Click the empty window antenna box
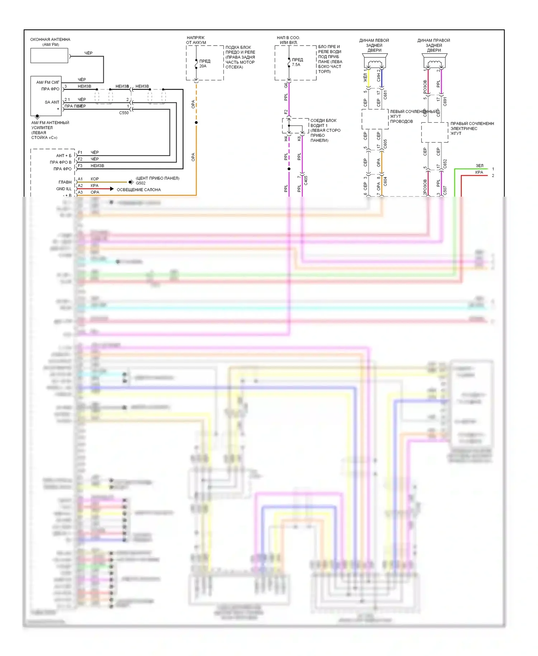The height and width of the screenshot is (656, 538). coord(49,56)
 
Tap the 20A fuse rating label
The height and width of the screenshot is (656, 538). coord(203,66)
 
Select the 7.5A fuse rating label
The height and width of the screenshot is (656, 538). coord(296,65)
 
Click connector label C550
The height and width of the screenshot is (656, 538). coord(124,113)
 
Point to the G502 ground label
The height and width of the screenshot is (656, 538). coord(141,183)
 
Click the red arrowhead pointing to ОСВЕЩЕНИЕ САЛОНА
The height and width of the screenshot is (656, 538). coord(112,189)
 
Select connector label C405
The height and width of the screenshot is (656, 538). coord(306,180)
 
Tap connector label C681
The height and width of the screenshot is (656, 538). coord(385,95)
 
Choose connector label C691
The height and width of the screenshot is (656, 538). coord(445,101)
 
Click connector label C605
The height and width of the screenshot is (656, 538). coord(385,144)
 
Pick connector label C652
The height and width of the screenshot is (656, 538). coord(445,164)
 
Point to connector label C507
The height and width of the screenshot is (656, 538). coord(445,190)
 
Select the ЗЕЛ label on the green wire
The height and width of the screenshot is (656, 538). coord(480,165)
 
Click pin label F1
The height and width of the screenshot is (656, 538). coord(80,153)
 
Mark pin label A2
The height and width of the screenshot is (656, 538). coord(80,186)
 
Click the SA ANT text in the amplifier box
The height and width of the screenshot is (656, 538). coord(52,102)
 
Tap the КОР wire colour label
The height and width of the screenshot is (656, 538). coord(95,179)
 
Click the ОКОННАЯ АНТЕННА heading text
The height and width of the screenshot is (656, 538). coord(50,39)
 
